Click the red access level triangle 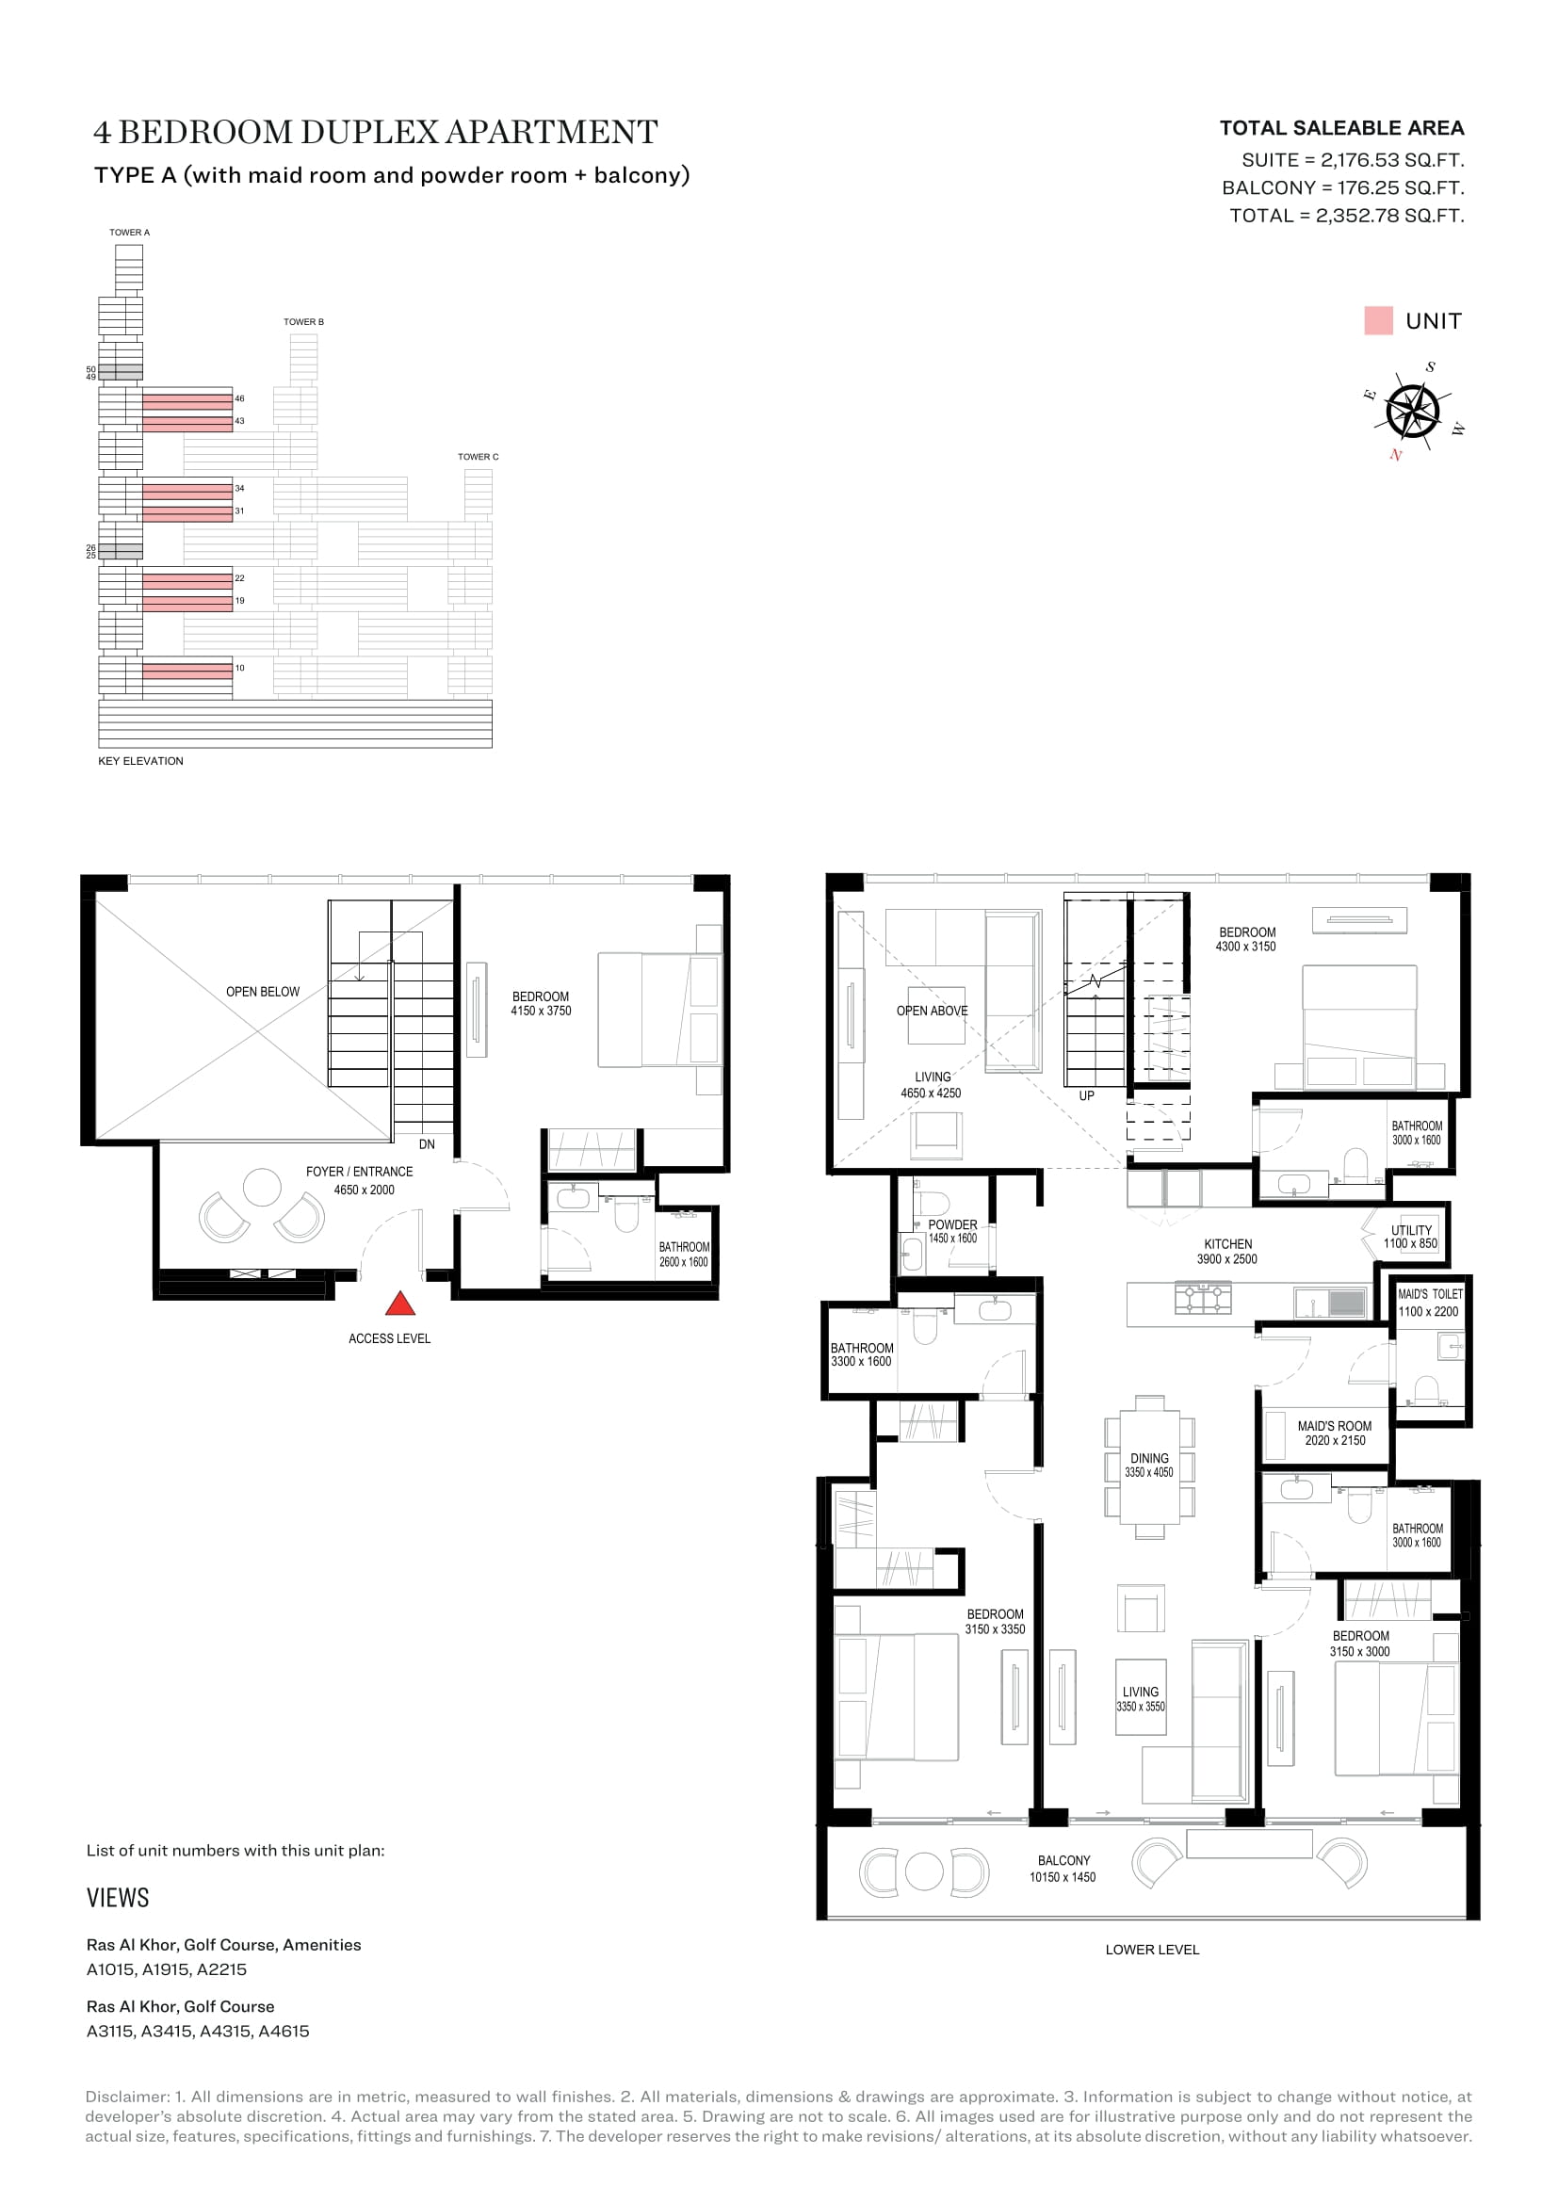pos(400,1304)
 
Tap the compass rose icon pos(1413,411)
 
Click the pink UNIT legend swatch pos(1379,320)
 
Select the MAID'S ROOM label pos(1335,1426)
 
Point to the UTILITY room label pos(1411,1230)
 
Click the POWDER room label pos(952,1224)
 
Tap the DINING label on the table pos(1149,1457)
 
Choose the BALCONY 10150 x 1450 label pos(1063,1868)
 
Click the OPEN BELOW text pos(263,991)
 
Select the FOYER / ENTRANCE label pos(360,1172)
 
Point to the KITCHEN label pos(1228,1243)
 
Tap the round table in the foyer pos(262,1187)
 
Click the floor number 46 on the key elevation pos(240,398)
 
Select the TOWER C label pos(478,457)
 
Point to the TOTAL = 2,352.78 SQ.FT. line pos(1347,216)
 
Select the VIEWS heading pos(118,1898)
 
